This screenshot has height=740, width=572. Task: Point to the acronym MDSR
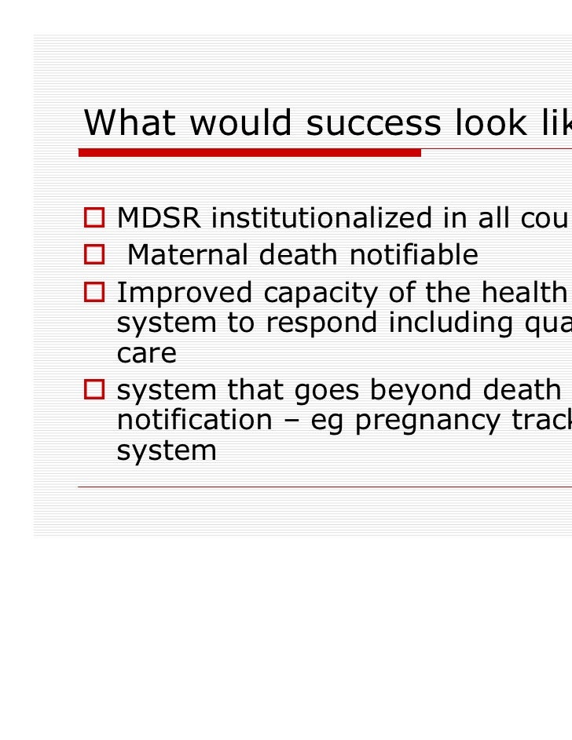(159, 220)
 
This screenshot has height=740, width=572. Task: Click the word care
(147, 355)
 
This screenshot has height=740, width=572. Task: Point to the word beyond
(409, 389)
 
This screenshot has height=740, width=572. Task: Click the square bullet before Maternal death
(95, 255)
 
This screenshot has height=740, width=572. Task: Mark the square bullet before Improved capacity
(95, 292)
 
